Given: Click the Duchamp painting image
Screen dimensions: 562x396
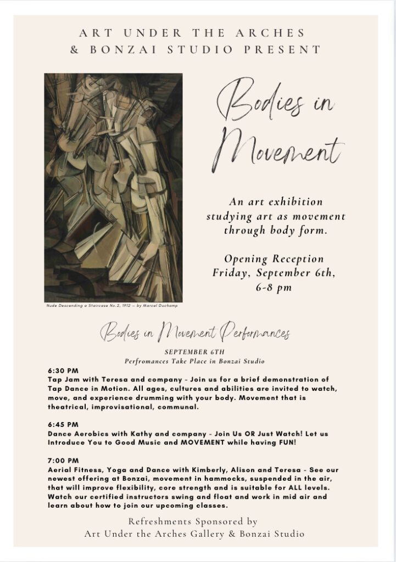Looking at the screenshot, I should pyautogui.click(x=113, y=187).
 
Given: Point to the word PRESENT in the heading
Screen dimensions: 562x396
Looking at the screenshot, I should pyautogui.click(x=291, y=49).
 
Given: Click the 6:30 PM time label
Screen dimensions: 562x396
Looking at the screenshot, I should pyautogui.click(x=63, y=371).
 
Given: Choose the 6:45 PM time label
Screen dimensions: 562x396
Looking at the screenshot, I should pyautogui.click(x=63, y=424).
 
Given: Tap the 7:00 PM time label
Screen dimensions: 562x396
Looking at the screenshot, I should pyautogui.click(x=63, y=460).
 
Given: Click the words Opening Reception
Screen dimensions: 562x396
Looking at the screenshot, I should pyautogui.click(x=274, y=259).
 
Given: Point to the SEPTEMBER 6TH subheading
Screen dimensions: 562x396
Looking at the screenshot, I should pyautogui.click(x=194, y=352).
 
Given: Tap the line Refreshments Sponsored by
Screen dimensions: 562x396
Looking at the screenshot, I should pyautogui.click(x=193, y=521).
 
